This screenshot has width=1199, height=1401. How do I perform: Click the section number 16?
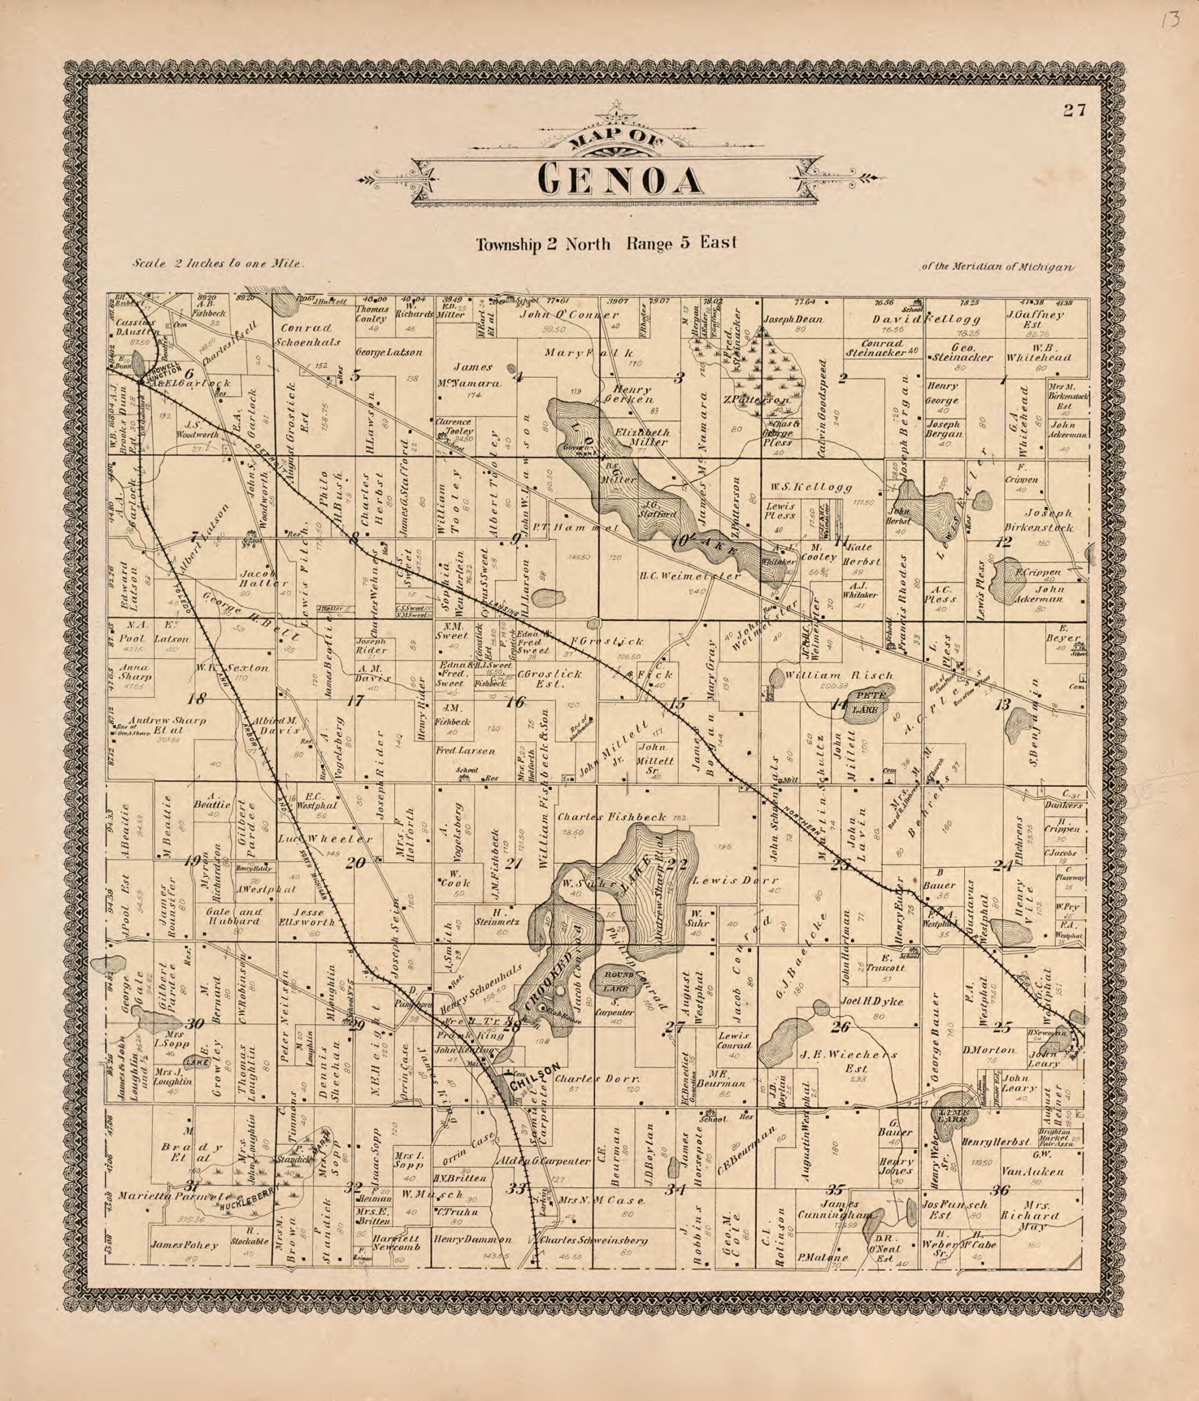tap(516, 702)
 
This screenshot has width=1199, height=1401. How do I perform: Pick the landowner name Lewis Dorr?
tap(735, 881)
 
